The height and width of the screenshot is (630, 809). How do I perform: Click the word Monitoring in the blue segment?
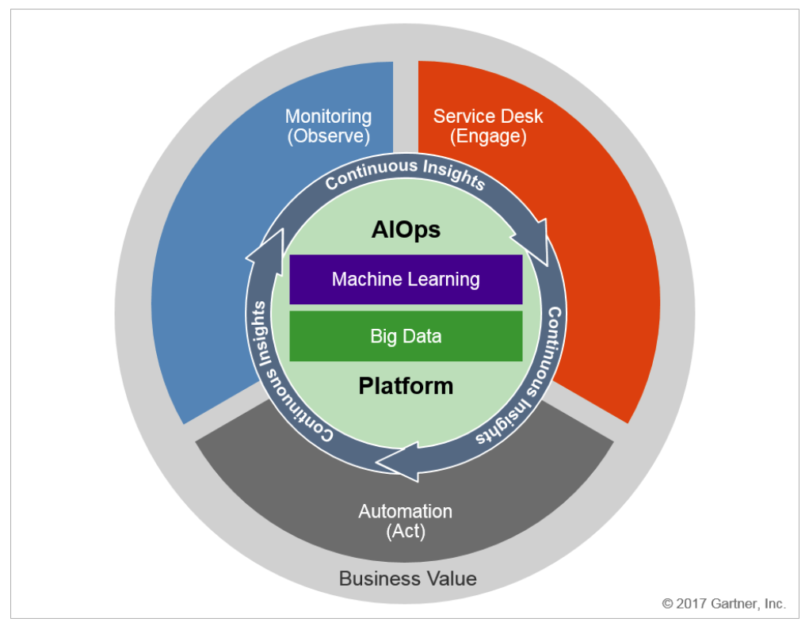pyautogui.click(x=328, y=117)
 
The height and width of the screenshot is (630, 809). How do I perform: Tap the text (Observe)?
pyautogui.click(x=329, y=136)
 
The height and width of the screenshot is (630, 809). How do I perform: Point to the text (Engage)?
pyautogui.click(x=488, y=136)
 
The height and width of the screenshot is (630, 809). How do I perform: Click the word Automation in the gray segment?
pyautogui.click(x=406, y=511)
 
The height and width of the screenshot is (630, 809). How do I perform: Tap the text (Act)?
pyautogui.click(x=406, y=531)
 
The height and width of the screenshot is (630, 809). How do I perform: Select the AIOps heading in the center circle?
pyautogui.click(x=406, y=230)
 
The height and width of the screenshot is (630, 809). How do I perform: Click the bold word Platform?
pyautogui.click(x=406, y=386)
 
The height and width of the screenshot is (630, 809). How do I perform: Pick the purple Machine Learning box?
pyautogui.click(x=406, y=279)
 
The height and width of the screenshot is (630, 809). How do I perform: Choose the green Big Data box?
pyautogui.click(x=406, y=336)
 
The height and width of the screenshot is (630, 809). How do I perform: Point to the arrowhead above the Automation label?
pyautogui.click(x=397, y=462)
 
